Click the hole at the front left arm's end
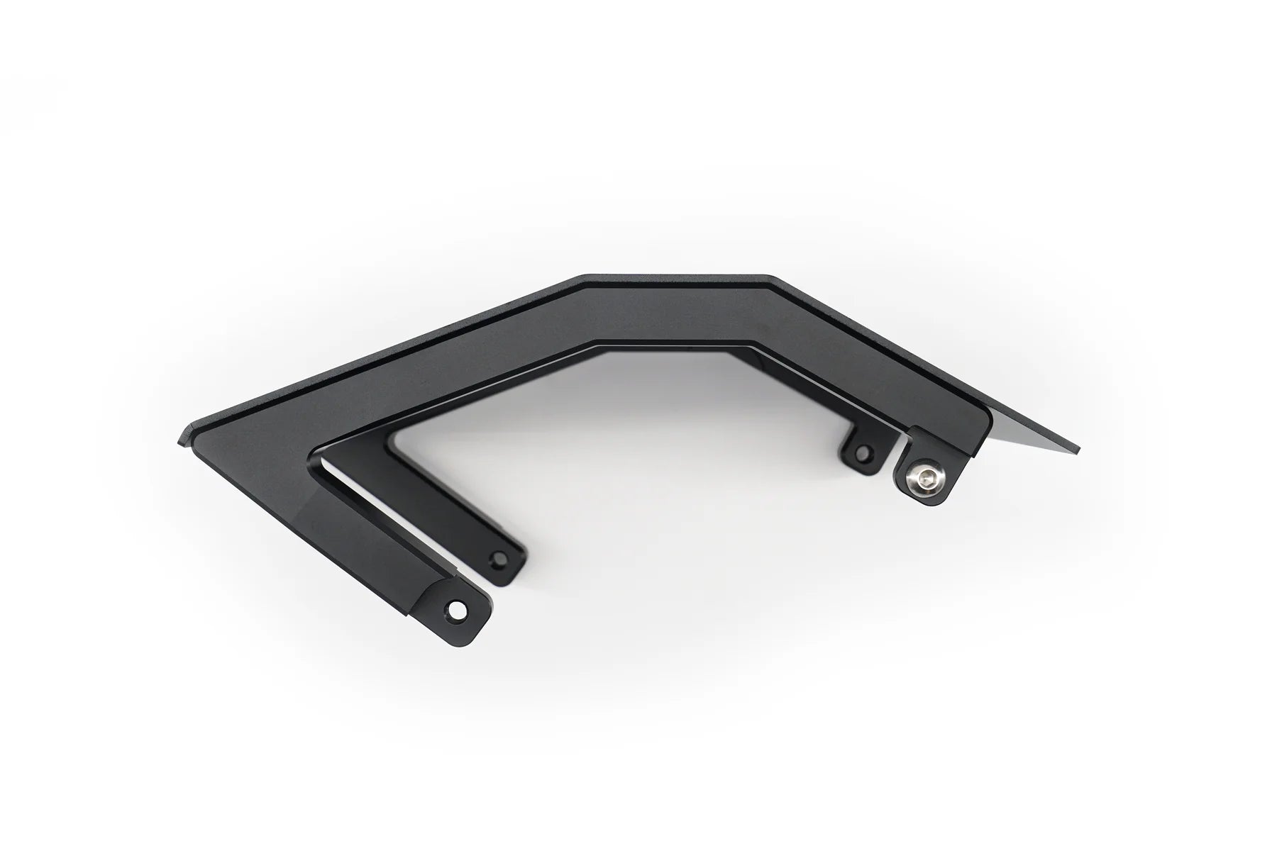[x=455, y=608]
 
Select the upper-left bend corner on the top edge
[x=583, y=277]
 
